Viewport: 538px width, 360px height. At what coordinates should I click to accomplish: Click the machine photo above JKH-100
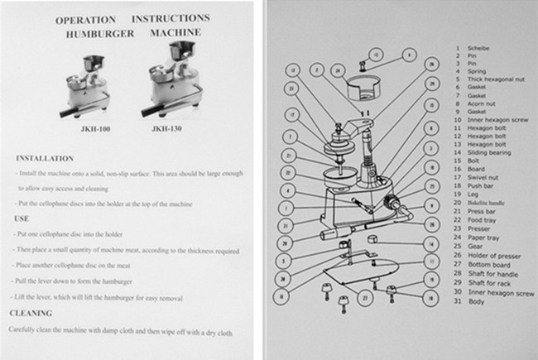pyautogui.click(x=88, y=87)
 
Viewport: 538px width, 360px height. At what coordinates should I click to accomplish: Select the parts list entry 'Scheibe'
pyautogui.click(x=479, y=47)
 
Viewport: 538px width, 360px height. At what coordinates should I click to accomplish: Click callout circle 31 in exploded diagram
pyautogui.click(x=284, y=224)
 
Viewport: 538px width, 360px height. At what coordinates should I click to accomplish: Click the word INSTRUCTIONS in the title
pyautogui.click(x=169, y=17)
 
